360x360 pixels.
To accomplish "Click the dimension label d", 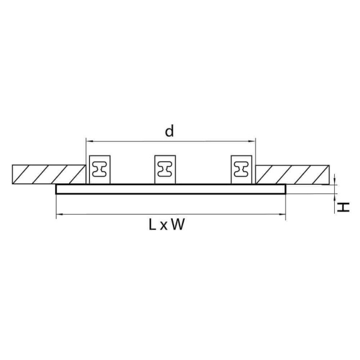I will coord(170,130).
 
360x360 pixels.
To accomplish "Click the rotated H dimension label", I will coord(343,207).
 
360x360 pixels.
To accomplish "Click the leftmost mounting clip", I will coord(100,169).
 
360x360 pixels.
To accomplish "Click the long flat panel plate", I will coord(170,189).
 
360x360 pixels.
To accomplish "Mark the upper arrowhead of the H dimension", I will coord(335,181).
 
